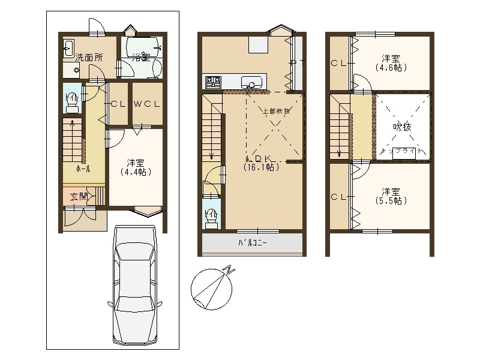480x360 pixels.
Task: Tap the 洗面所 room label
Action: pos(88,58)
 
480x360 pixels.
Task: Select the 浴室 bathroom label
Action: pos(141,58)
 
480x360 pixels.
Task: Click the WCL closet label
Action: pos(147,103)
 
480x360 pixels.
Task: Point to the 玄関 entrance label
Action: pos(79,196)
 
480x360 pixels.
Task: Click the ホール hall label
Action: pos(83,169)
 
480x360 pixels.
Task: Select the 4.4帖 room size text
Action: pos(135,172)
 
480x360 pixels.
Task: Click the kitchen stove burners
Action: pos(214,81)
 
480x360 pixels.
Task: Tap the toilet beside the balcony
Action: pos(211,218)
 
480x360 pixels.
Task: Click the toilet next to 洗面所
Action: pos(71,101)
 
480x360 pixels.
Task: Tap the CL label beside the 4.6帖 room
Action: pos(338,63)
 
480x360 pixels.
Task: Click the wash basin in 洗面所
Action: pos(68,47)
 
